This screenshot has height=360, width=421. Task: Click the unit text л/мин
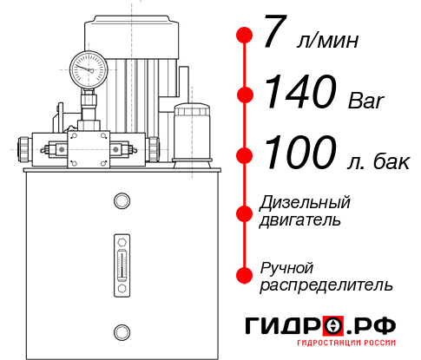[x=326, y=41]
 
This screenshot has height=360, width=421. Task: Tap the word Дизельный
[x=305, y=202]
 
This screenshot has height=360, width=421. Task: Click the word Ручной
[x=286, y=266]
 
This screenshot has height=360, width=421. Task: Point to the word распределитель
[x=326, y=284]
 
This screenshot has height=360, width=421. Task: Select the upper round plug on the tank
[x=121, y=201]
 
